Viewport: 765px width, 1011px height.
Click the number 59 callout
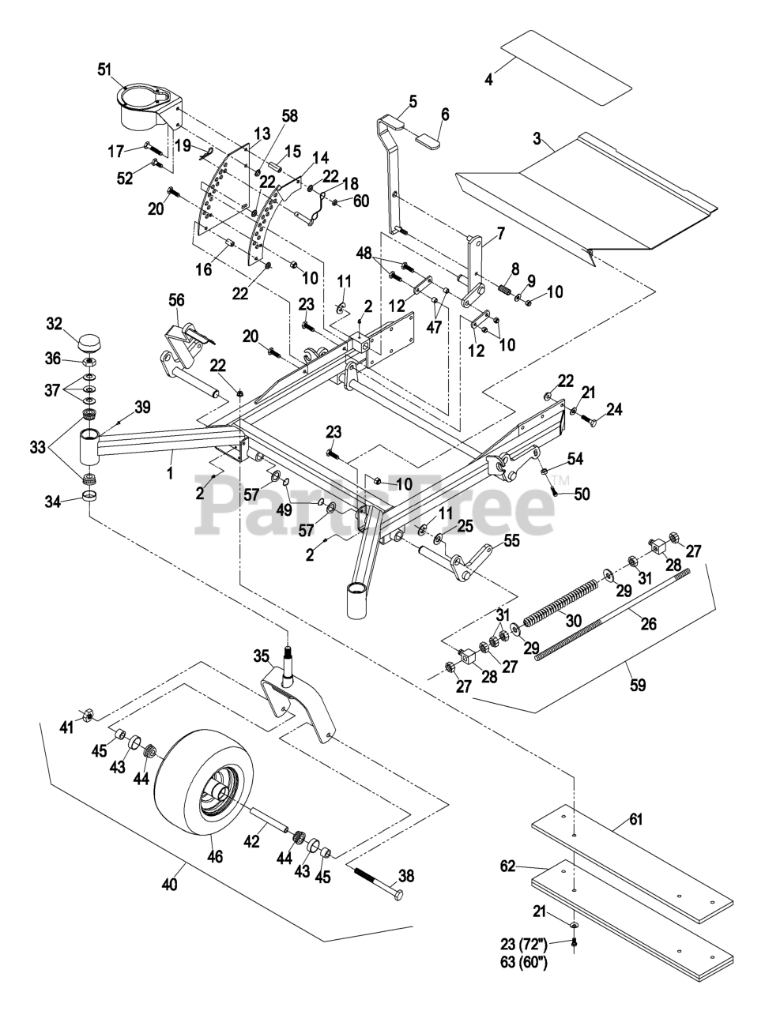[637, 686]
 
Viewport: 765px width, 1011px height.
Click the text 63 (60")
[523, 964]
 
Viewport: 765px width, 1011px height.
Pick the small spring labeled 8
[503, 291]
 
